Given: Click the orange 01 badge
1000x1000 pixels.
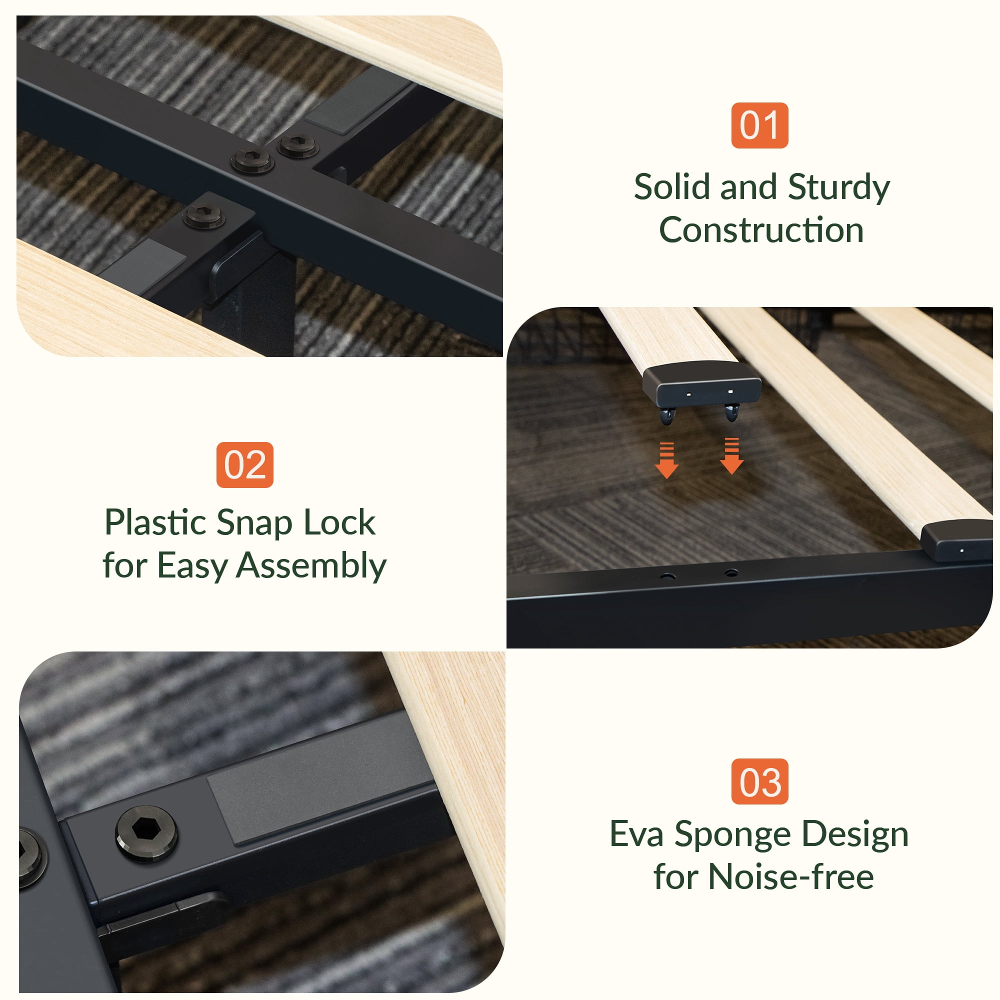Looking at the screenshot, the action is point(759,125).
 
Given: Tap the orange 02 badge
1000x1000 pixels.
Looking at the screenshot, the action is point(245,465).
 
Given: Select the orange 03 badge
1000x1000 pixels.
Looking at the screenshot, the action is point(760,781).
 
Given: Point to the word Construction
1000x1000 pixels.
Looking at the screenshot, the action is point(761,230).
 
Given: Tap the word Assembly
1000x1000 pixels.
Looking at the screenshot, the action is point(311,567).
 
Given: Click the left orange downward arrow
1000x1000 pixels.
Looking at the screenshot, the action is point(666,460).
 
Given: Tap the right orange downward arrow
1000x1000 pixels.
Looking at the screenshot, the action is point(731,455).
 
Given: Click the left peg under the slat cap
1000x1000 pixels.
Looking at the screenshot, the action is point(667,414).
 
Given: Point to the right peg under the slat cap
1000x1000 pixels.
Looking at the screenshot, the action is point(732,412).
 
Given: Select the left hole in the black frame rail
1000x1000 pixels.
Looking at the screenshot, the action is point(667,576).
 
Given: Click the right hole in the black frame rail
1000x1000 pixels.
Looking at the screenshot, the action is point(731,572).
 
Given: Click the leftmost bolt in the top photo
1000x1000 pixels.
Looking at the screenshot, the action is point(204,216).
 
